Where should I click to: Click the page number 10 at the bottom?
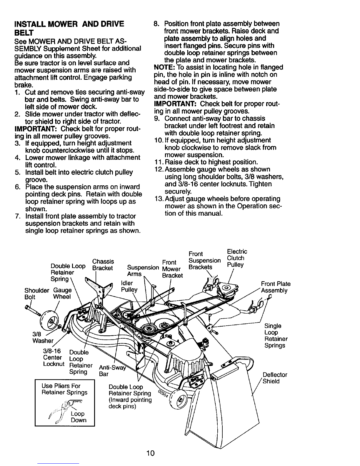pyautogui.click(x=151, y=453)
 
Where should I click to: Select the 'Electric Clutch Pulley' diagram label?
pyautogui.click(x=237, y=258)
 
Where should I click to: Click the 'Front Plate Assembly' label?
pyautogui.click(x=276, y=287)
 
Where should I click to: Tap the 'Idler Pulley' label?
pyautogui.click(x=129, y=286)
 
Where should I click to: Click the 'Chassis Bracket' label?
pyautogui.click(x=103, y=265)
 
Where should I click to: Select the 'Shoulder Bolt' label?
pyautogui.click(x=37, y=294)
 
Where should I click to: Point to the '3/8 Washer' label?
pyautogui.click(x=43, y=337)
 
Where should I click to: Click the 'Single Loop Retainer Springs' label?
pyautogui.click(x=276, y=336)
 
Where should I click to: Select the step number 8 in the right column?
pyautogui.click(x=156, y=24)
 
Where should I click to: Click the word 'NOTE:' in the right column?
pyautogui.click(x=164, y=67)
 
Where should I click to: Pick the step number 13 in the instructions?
pyautogui.click(x=159, y=199)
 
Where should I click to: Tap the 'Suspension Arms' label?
pyautogui.click(x=143, y=271)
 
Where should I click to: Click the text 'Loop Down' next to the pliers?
pyautogui.click(x=79, y=417)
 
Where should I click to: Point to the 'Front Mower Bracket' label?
pyautogui.click(x=172, y=269)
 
